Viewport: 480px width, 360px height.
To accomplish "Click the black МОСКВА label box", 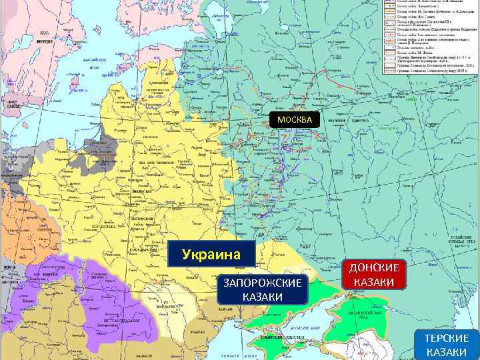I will pyautogui.click(x=295, y=119).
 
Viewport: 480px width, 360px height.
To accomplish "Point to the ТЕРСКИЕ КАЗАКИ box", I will pyautogui.click(x=447, y=345).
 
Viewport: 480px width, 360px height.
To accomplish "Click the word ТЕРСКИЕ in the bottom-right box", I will pyautogui.click(x=447, y=338).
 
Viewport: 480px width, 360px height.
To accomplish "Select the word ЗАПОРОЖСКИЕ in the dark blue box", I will pyautogui.click(x=262, y=283).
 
